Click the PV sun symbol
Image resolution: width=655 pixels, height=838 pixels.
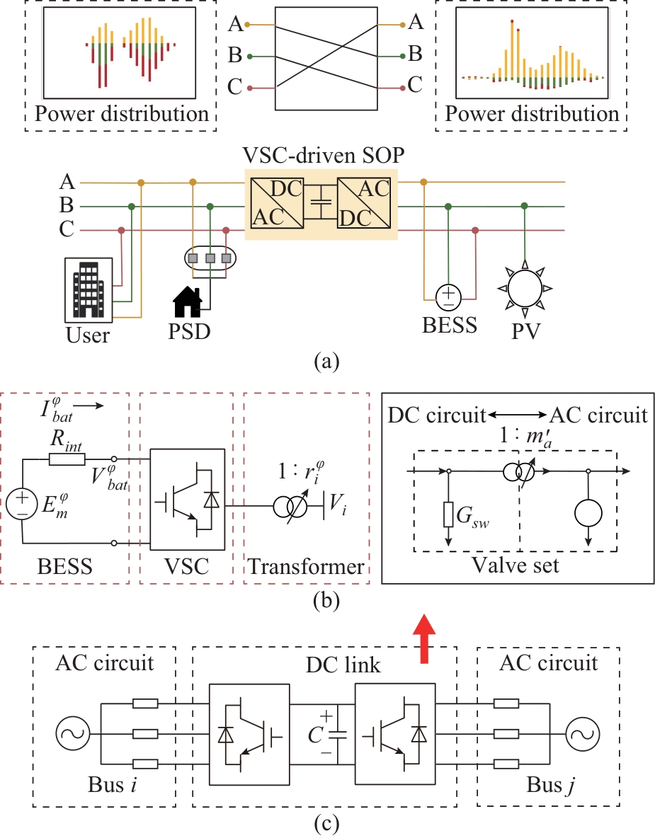(x=524, y=287)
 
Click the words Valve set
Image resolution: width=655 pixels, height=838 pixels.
(x=518, y=566)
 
